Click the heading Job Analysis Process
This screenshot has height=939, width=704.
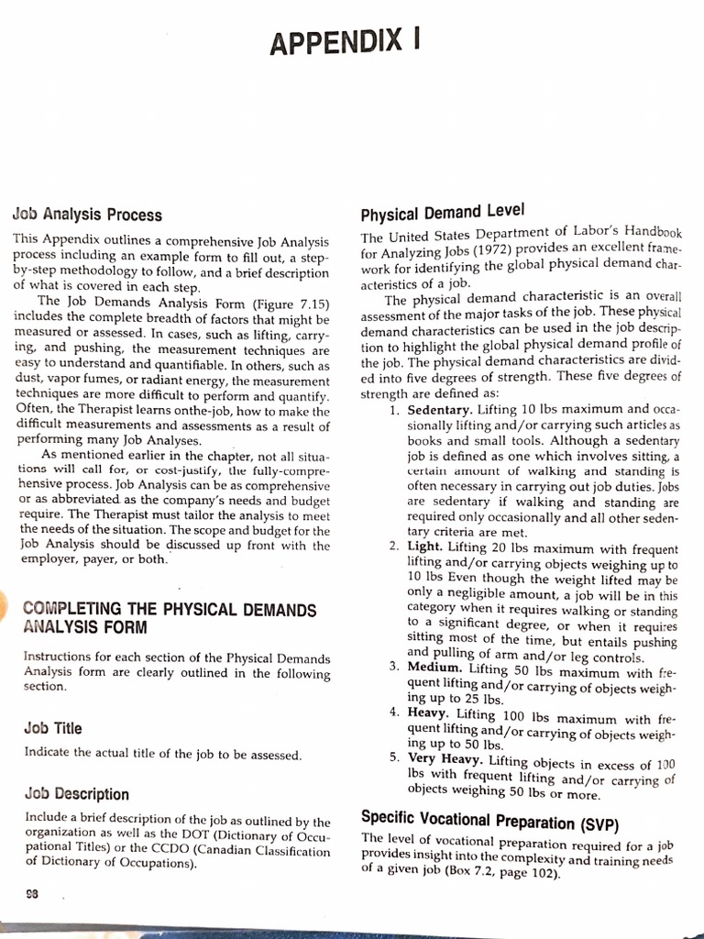tap(87, 215)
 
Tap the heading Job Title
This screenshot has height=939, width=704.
tap(53, 728)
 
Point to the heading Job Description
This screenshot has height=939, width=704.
tap(77, 794)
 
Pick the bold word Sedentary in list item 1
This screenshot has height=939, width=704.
tap(440, 410)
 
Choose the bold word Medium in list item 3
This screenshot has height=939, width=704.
tap(434, 668)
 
